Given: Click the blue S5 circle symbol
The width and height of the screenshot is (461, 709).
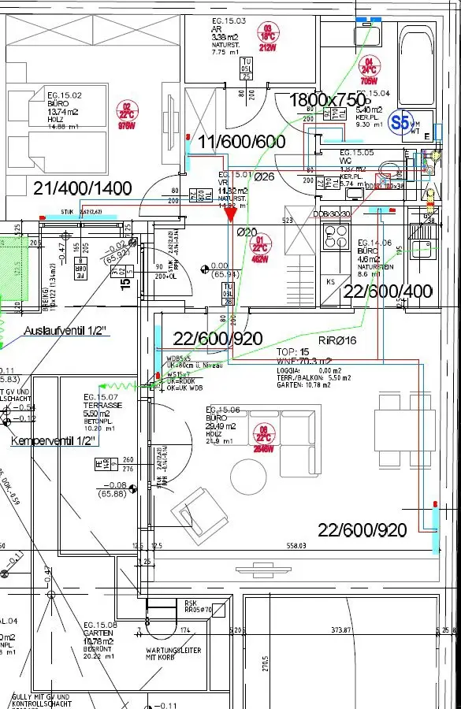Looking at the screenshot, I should click(x=401, y=122).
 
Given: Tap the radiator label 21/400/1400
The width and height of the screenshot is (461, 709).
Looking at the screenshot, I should click(x=83, y=187).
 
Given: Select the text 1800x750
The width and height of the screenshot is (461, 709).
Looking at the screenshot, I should click(x=329, y=100).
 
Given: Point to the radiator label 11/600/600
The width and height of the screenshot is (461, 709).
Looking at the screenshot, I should click(x=241, y=142).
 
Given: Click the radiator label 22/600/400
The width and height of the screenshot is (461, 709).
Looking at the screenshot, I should click(x=389, y=291).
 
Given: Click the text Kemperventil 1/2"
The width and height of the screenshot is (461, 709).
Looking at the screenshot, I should click(x=54, y=441).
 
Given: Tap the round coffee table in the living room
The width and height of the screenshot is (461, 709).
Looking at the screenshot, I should click(x=248, y=476).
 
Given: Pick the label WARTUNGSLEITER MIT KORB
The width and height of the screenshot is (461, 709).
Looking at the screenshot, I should click(x=173, y=655).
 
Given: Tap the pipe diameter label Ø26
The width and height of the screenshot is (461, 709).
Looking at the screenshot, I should click(x=264, y=176).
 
